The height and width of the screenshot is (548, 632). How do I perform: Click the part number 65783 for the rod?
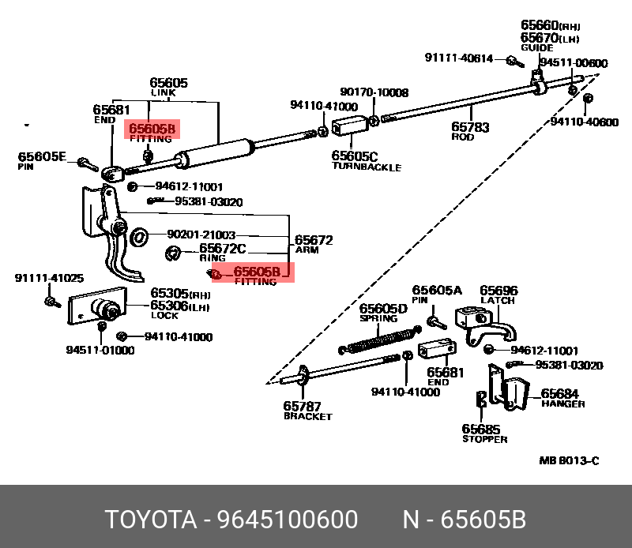[469, 126]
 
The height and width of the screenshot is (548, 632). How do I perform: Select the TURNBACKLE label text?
[366, 167]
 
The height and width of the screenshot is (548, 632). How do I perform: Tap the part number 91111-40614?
[458, 58]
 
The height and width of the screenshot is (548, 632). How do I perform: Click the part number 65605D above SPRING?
[383, 309]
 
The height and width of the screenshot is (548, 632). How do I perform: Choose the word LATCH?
[498, 301]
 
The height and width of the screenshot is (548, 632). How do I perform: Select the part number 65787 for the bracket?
[303, 406]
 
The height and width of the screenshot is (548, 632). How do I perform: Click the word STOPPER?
[484, 439]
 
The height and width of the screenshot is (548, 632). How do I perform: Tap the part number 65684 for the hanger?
[559, 393]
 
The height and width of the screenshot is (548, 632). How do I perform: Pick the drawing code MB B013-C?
[569, 461]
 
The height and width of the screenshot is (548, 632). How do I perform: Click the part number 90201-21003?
[201, 235]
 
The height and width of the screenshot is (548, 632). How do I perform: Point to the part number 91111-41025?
[49, 278]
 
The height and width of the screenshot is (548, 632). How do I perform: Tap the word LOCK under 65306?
[164, 316]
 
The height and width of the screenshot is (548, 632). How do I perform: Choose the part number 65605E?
[43, 156]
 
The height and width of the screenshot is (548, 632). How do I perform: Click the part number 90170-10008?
[374, 92]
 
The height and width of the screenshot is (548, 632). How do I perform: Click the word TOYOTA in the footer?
[150, 520]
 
